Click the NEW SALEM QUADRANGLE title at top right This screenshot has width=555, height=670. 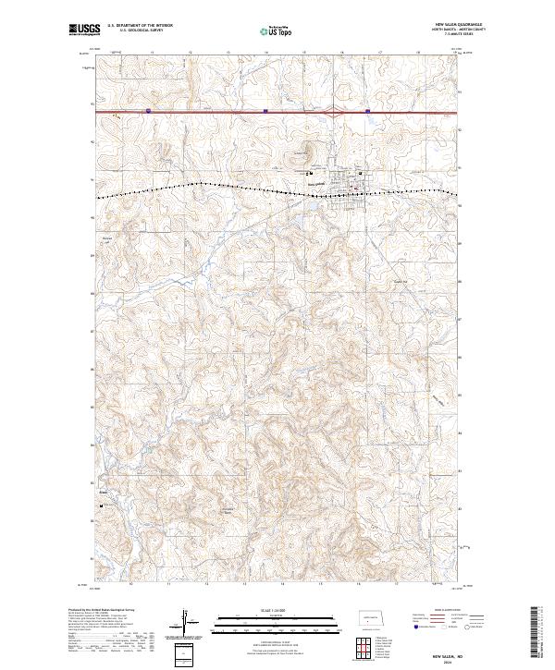click(460, 25)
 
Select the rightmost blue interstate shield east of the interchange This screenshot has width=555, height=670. click(367, 112)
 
